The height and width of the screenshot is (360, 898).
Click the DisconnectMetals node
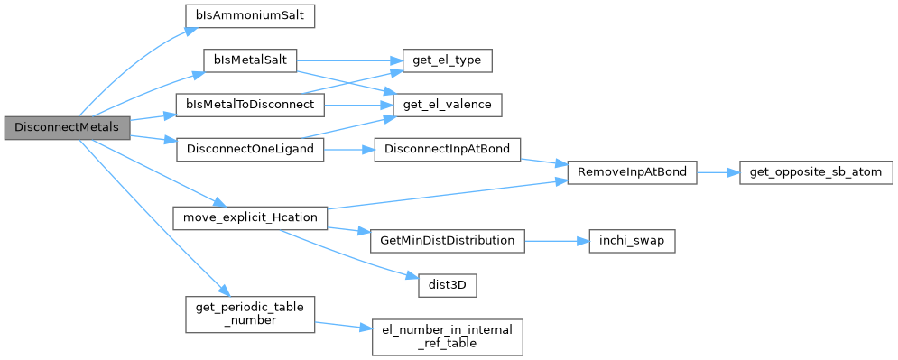pyautogui.click(x=68, y=127)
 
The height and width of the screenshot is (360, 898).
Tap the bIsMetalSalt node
pyautogui.click(x=250, y=60)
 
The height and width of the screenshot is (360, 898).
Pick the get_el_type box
pyautogui.click(x=447, y=60)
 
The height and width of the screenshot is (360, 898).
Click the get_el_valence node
pyautogui.click(x=447, y=106)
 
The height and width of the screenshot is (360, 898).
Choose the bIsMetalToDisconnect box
pyautogui.click(x=250, y=106)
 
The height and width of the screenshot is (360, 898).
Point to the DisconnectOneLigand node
pyautogui.click(x=250, y=150)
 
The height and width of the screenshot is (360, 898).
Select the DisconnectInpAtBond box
pyautogui.click(x=447, y=150)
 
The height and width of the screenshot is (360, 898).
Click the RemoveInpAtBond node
pyautogui.click(x=632, y=172)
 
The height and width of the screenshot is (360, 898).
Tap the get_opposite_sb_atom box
pyautogui.click(x=816, y=172)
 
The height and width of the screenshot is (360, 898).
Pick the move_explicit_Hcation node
pyautogui.click(x=250, y=218)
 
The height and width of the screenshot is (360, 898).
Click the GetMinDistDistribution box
pyautogui.click(x=447, y=240)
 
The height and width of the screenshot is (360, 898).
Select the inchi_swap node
pyautogui.click(x=632, y=240)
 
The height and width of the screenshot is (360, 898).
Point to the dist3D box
pyautogui.click(x=447, y=286)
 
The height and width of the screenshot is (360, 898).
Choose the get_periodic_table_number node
pyautogui.click(x=250, y=314)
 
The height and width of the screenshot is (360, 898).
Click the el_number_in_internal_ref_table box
pyautogui.click(x=447, y=337)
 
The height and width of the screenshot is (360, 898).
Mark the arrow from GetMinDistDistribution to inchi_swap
pyautogui.click(x=556, y=241)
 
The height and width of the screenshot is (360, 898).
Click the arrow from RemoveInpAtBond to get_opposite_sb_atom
pyautogui.click(x=717, y=173)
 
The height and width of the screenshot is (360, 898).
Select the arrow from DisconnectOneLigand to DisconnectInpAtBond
pyautogui.click(x=349, y=150)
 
